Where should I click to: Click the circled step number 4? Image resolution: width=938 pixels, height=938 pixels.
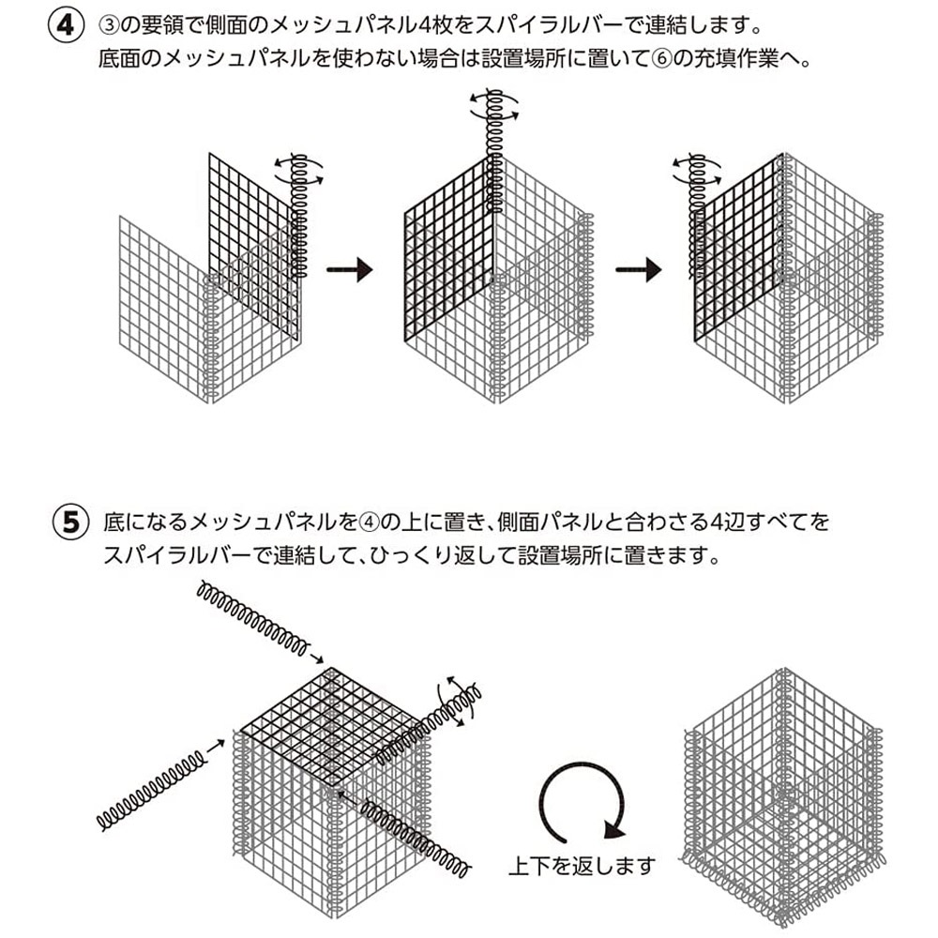tap(66, 26)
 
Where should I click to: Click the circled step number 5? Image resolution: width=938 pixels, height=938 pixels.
tap(71, 522)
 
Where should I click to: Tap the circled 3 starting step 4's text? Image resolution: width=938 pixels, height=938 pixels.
tap(109, 26)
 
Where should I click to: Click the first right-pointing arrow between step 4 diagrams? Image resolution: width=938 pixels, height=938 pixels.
tap(349, 269)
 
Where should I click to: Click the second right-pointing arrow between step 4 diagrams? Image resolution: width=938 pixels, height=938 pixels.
tap(638, 269)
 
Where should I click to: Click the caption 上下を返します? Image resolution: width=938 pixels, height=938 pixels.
tap(582, 866)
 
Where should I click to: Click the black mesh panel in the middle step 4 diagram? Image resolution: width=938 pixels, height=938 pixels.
tap(449, 249)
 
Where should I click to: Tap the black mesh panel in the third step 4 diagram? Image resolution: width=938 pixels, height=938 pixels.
tap(739, 248)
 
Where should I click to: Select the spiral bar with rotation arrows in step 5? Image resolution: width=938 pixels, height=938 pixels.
tap(429, 724)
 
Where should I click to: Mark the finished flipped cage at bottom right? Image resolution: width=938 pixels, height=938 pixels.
tap(783, 798)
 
